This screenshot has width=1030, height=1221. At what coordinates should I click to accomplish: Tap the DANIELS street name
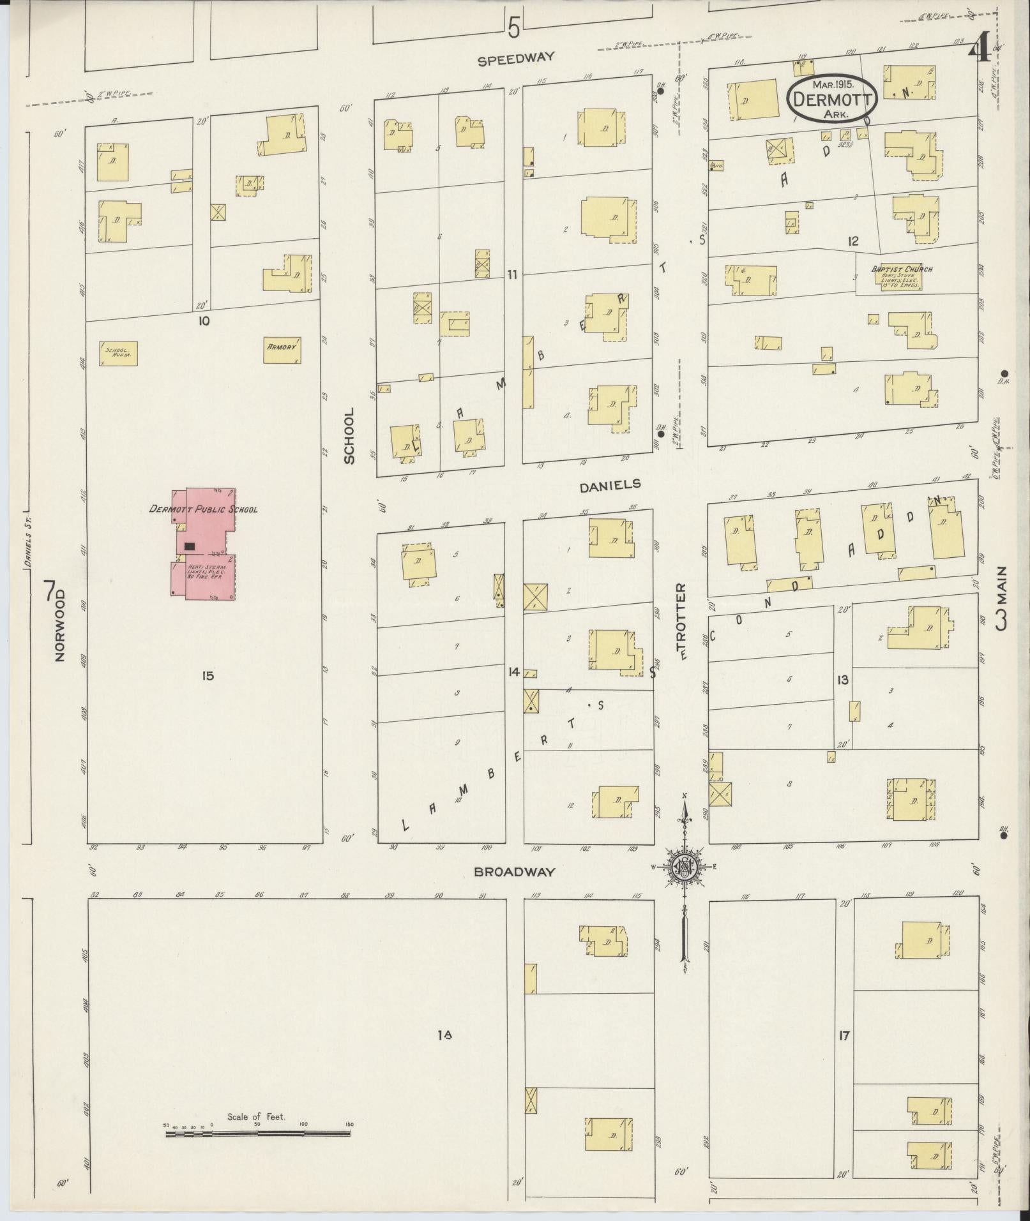pos(609,486)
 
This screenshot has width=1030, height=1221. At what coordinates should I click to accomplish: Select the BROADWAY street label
pos(514,872)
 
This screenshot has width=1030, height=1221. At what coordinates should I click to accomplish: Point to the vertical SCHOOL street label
pos(349,437)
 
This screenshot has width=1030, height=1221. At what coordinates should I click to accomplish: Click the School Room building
pos(118,353)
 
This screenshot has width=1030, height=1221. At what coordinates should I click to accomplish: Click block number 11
pos(512,274)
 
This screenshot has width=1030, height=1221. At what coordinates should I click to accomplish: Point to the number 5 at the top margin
pos(514,27)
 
